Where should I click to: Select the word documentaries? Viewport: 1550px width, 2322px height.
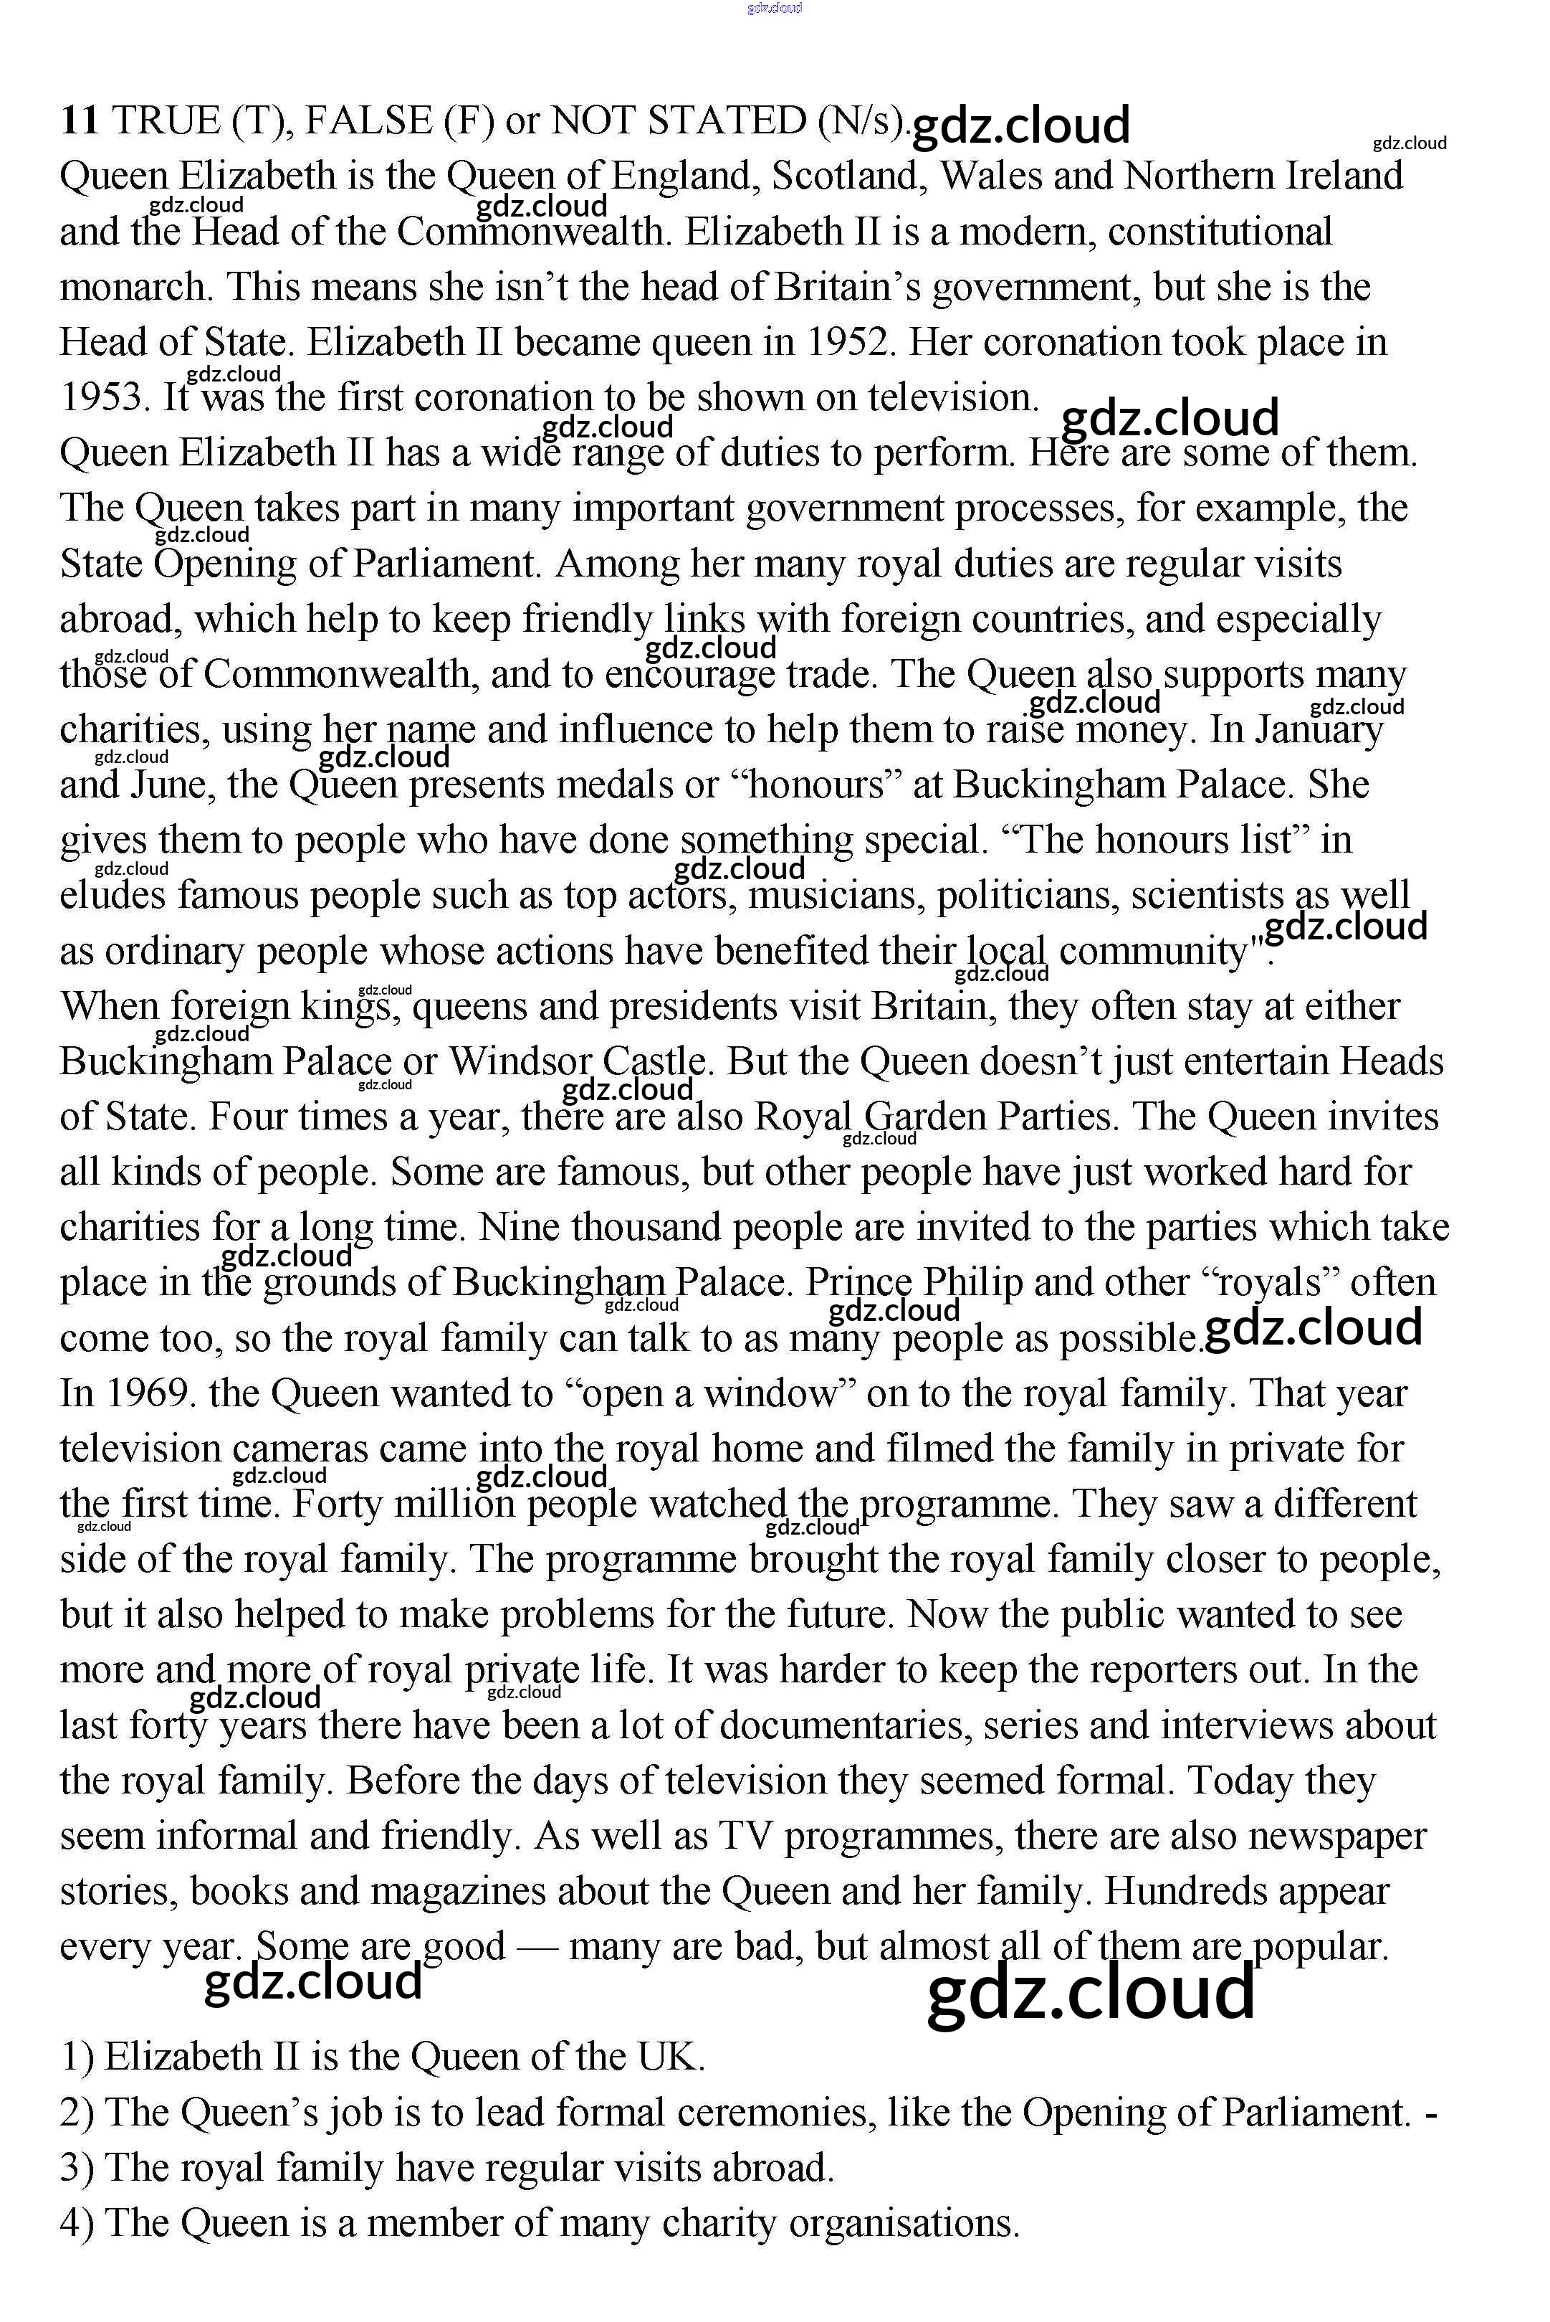click(844, 1725)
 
